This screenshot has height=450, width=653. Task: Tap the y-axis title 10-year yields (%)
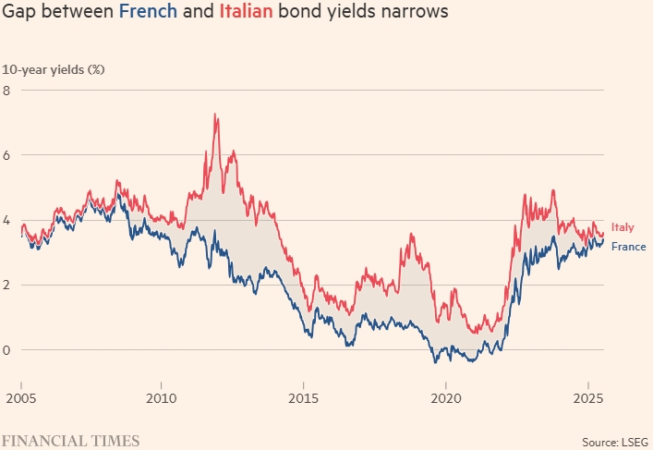53,70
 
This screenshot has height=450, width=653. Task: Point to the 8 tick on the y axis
6,91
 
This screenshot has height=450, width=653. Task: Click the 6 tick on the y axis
6,155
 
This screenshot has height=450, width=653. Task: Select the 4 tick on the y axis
6,220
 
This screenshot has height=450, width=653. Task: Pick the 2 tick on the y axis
6,285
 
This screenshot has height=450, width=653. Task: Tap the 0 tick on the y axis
6,349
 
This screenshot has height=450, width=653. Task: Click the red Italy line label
623,227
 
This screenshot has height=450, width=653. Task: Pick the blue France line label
628,246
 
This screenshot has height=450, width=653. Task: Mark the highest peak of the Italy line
215,115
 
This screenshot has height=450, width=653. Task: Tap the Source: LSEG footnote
613,441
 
